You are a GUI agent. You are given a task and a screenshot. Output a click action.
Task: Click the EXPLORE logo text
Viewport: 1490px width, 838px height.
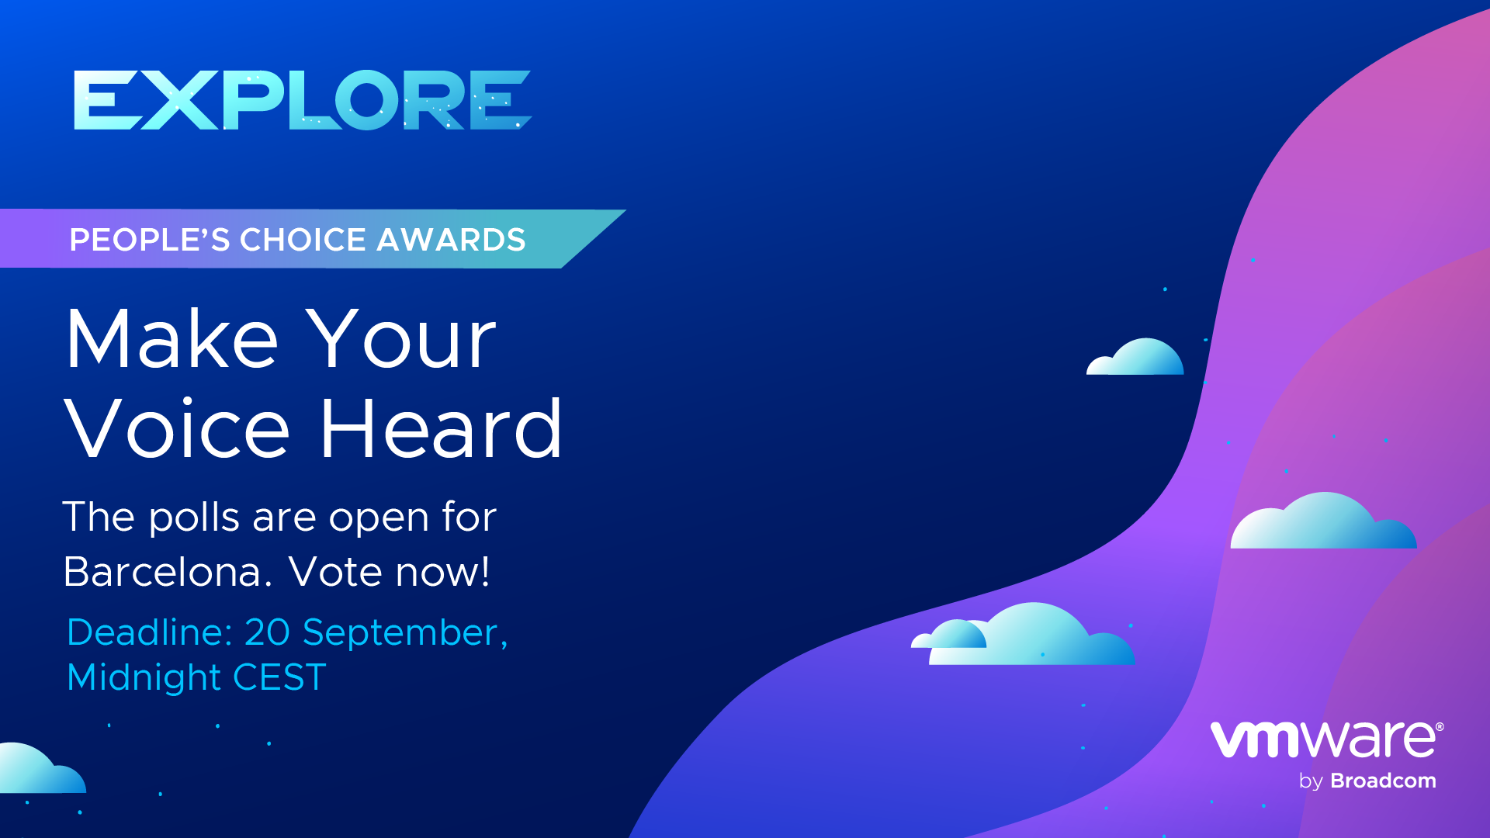tap(303, 100)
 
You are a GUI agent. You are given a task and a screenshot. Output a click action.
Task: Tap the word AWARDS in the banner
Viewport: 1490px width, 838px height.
tap(451, 240)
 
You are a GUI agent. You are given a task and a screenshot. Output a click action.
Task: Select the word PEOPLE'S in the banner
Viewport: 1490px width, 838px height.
tap(150, 240)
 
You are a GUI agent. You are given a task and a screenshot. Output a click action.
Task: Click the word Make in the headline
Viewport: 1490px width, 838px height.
tap(172, 338)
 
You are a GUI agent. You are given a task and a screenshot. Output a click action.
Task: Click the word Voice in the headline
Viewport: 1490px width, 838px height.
tap(177, 428)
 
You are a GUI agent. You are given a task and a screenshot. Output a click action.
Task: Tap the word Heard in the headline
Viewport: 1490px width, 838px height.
tap(441, 428)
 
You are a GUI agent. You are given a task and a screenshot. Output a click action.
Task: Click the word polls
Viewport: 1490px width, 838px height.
tap(194, 518)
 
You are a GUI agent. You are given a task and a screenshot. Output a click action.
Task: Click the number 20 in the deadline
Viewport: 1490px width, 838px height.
tap(267, 632)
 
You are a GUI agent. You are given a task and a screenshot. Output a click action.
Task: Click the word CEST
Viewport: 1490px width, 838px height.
tap(279, 677)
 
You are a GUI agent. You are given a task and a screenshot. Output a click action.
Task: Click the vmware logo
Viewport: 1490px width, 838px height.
tap(1326, 739)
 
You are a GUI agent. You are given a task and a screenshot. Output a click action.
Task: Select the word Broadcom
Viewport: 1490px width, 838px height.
tap(1383, 781)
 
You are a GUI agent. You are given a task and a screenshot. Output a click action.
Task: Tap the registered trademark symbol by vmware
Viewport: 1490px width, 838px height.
tap(1440, 727)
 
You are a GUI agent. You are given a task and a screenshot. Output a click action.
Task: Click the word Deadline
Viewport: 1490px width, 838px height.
tap(150, 632)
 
